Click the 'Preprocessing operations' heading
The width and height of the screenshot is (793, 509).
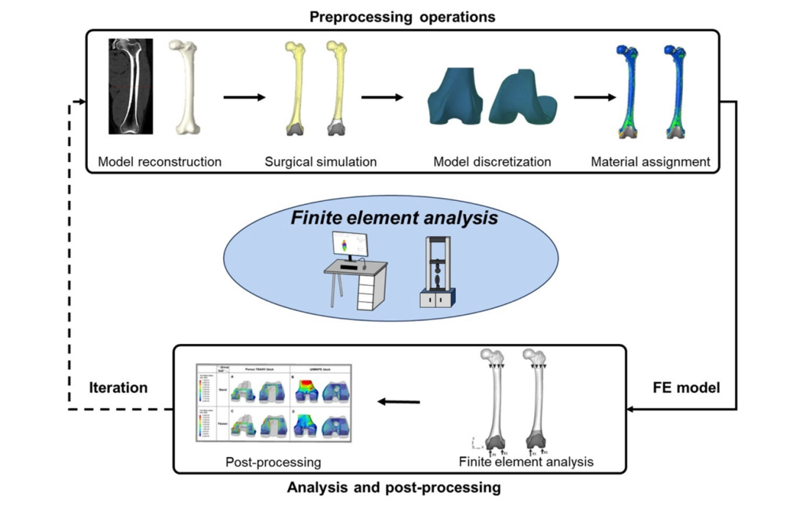pyautogui.click(x=402, y=16)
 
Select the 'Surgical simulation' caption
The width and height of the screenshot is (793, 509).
pyautogui.click(x=321, y=161)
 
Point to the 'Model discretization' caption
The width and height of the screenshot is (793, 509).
pyautogui.click(x=492, y=161)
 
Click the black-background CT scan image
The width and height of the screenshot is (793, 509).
pyautogui.click(x=131, y=86)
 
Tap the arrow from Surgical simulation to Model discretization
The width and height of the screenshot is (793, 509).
pyautogui.click(x=382, y=96)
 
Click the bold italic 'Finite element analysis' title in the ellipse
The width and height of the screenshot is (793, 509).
pyautogui.click(x=394, y=218)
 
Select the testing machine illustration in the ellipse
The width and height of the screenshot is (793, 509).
pyautogui.click(x=437, y=271)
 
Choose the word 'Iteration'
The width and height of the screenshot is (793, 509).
pyautogui.click(x=118, y=387)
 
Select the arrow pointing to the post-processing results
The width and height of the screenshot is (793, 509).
pyautogui.click(x=399, y=401)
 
